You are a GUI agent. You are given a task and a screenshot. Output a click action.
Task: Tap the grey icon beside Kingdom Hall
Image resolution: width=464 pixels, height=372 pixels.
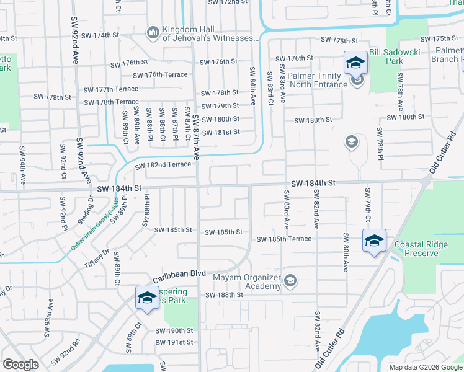pyautogui.click(x=153, y=31)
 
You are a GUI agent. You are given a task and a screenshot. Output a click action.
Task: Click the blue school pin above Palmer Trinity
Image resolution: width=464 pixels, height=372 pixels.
pyautogui.click(x=355, y=62)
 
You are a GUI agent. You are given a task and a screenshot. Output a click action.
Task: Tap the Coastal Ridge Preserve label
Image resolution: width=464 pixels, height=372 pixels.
pyautogui.click(x=425, y=249)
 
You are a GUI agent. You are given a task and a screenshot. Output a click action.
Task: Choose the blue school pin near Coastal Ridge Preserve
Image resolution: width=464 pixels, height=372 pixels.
pyautogui.click(x=374, y=241)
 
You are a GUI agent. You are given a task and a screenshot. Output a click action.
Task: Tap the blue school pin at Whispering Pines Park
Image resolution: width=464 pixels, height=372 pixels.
pyautogui.click(x=146, y=298)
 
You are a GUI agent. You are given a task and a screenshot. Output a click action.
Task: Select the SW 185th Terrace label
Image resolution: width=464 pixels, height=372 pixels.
pyautogui.click(x=284, y=239)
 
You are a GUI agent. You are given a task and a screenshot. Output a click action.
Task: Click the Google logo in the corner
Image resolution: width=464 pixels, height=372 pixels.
pyautogui.click(x=20, y=365)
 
